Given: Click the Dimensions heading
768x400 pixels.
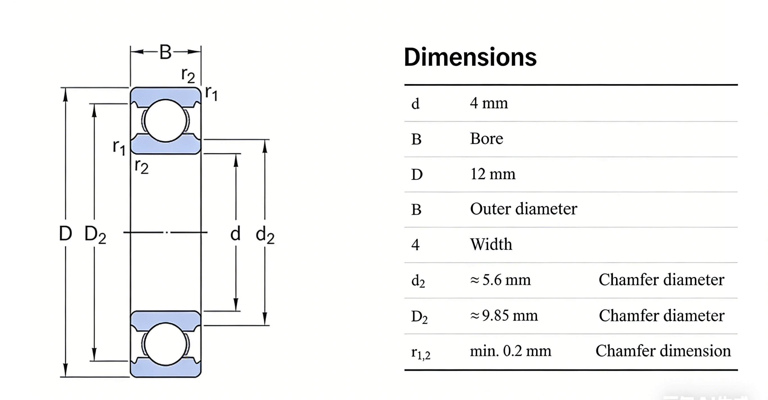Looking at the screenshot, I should (x=470, y=57).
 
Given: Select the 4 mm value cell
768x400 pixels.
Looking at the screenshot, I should (x=489, y=104).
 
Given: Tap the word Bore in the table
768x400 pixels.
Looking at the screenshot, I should (x=486, y=139).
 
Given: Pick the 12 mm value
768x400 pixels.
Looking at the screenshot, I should (x=493, y=174).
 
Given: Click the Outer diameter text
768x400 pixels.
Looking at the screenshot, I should (x=523, y=209).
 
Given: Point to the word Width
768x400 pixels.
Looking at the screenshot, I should (x=491, y=244).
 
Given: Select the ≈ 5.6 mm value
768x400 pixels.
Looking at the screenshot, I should (x=500, y=280).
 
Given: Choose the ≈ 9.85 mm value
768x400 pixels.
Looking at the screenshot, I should (x=504, y=316).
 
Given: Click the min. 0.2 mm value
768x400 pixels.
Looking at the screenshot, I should (x=510, y=351).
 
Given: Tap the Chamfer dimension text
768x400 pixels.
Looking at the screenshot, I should (x=663, y=351).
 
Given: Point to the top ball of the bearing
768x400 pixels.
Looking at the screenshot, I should (x=165, y=120).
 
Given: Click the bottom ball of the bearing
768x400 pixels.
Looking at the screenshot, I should (x=165, y=344).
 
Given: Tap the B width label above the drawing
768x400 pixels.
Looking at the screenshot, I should (x=165, y=52).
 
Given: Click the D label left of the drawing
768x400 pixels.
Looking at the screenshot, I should (x=65, y=233).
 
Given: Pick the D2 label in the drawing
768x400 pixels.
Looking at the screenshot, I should (x=95, y=234).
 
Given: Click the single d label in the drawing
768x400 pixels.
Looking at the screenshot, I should (x=235, y=233).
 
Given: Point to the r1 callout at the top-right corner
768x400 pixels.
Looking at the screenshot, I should (x=211, y=93).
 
